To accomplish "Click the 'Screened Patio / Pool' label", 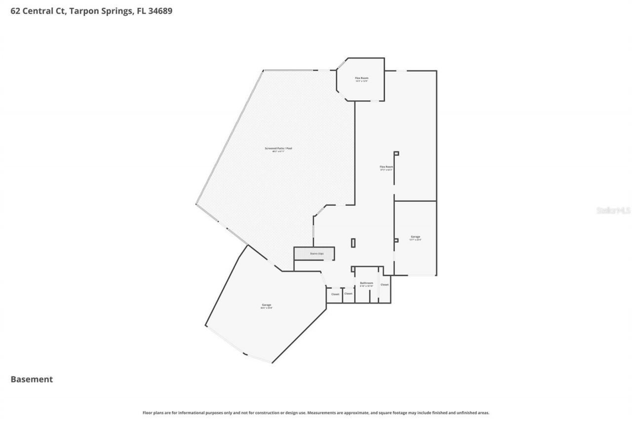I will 278,148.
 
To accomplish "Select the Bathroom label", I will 366,283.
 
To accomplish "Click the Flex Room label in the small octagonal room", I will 361,78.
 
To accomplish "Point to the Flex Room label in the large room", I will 386,167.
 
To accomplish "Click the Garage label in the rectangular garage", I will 415,236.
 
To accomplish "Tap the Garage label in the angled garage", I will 267,305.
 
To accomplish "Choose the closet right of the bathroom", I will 385,285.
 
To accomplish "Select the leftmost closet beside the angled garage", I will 335,294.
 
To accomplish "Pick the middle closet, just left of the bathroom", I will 348,294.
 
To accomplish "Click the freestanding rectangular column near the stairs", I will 353,243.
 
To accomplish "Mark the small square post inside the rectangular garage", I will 396,240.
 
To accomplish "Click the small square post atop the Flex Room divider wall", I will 396,153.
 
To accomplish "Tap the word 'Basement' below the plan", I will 32,379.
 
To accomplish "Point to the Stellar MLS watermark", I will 613,210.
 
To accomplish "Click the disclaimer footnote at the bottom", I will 316,413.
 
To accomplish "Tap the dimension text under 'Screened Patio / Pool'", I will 278,152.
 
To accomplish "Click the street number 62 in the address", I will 16,11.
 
